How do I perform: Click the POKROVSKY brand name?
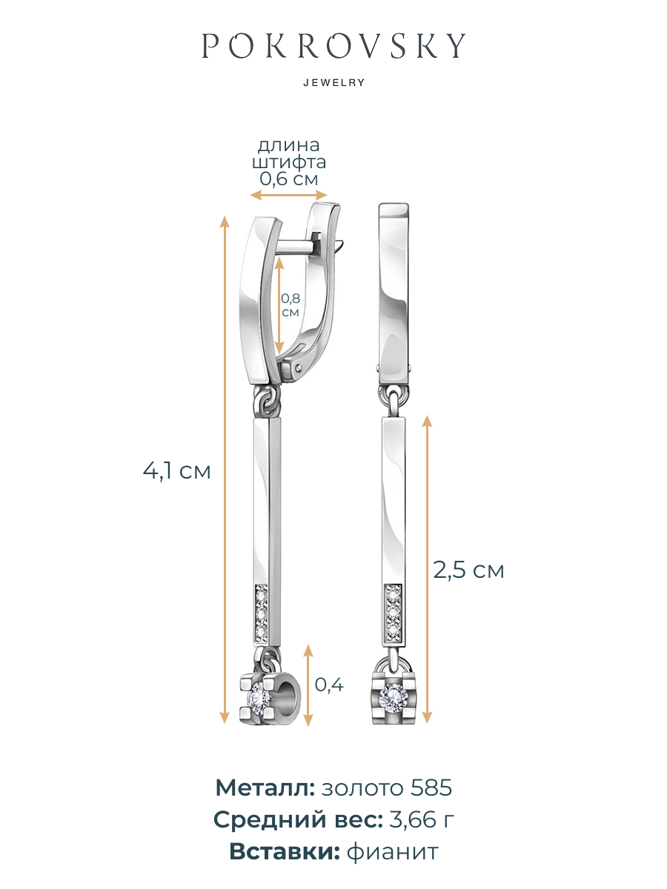pos(333,45)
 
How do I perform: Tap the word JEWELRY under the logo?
pos(334,83)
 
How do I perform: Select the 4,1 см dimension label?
pos(177,471)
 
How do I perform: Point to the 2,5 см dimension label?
pos(468,570)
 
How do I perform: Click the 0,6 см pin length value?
pos(289,179)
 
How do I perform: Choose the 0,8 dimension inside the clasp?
pos(291,299)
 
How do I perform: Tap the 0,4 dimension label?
pos(329,685)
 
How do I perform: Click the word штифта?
pos(289,162)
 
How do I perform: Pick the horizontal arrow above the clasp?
pos(288,196)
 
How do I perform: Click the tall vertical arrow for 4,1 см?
pos(225,470)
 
